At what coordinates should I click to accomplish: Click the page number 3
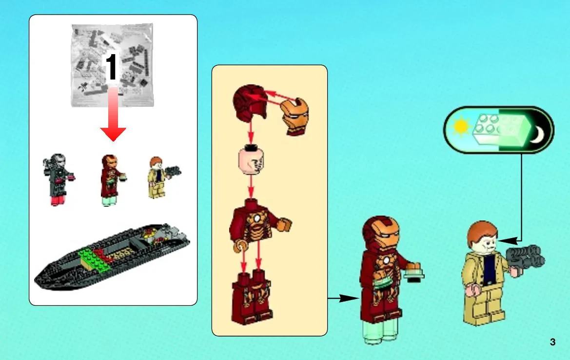tap(552, 342)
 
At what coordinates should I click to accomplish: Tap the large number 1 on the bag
tap(112, 66)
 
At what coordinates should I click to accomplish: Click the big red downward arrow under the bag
tap(113, 115)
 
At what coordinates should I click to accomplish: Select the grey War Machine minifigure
tap(58, 180)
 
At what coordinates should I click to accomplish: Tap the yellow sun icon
tap(461, 126)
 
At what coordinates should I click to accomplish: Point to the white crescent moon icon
tap(538, 135)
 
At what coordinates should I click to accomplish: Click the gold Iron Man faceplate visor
tap(295, 117)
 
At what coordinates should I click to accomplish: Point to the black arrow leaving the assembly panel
tap(343, 298)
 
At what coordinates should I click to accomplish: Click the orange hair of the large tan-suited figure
tap(481, 233)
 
